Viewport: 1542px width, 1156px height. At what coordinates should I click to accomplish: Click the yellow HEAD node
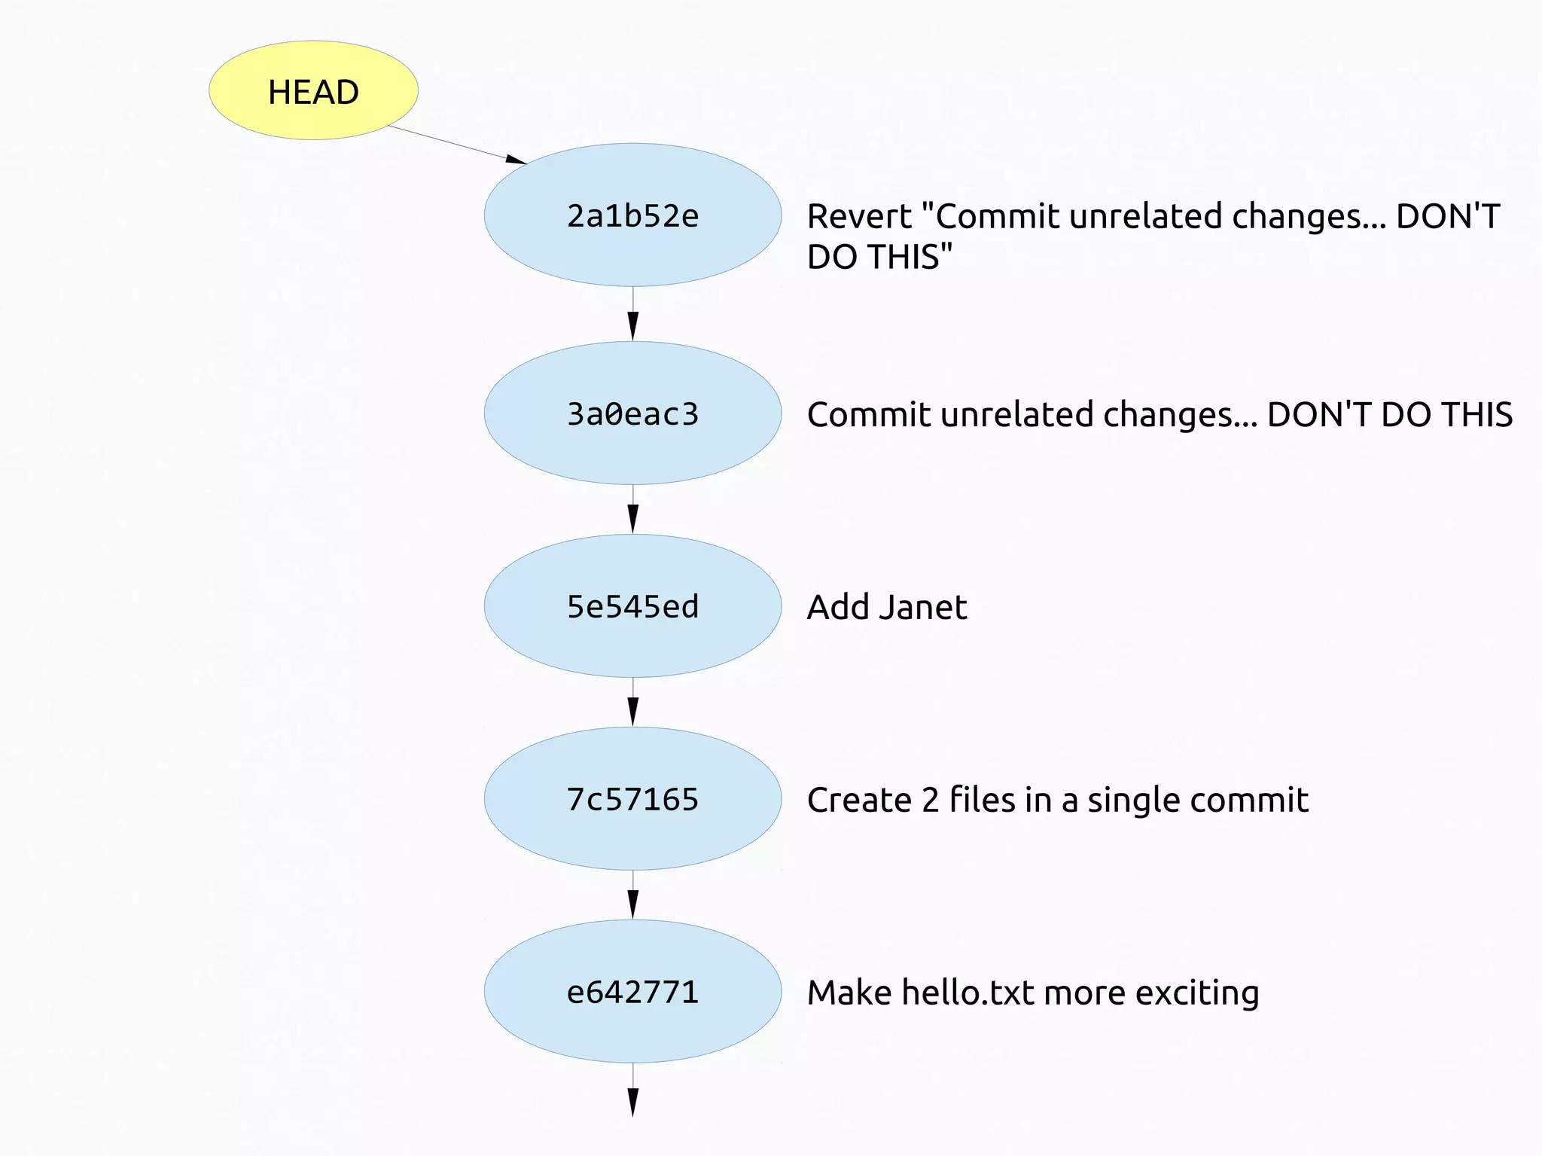click(313, 90)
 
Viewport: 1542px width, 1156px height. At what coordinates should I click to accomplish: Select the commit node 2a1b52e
click(632, 215)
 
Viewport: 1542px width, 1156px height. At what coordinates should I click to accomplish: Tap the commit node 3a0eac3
click(632, 413)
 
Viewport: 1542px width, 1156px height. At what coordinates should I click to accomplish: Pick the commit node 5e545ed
click(632, 606)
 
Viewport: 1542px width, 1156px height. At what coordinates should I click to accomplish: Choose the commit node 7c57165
click(632, 799)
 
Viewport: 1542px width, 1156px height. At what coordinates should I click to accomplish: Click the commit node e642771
click(632, 992)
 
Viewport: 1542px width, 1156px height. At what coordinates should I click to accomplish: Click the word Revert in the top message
click(859, 217)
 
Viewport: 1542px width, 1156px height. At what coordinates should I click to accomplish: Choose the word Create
click(858, 800)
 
